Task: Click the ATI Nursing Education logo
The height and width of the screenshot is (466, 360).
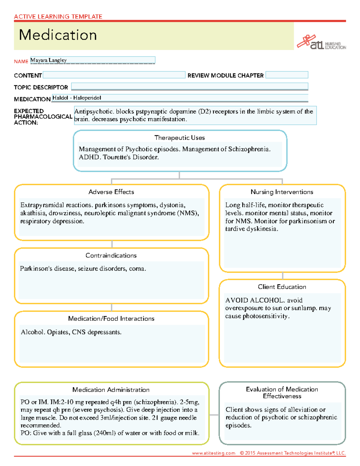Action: pyautogui.click(x=321, y=43)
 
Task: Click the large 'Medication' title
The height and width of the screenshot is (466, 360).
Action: pyautogui.click(x=58, y=35)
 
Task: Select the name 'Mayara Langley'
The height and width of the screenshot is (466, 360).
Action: pyautogui.click(x=49, y=60)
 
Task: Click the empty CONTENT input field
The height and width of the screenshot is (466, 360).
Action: pyautogui.click(x=114, y=75)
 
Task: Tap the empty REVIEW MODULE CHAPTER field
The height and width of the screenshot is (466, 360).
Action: pyautogui.click(x=287, y=75)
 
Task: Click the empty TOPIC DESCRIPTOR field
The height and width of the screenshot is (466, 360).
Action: pyautogui.click(x=190, y=87)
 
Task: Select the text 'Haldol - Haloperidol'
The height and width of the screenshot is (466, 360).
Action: pyautogui.click(x=77, y=98)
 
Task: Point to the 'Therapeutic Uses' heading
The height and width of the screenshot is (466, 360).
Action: pyautogui.click(x=179, y=138)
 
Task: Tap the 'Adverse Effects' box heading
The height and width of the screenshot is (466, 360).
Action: pyautogui.click(x=111, y=192)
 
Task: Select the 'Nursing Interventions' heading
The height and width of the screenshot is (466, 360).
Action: pyautogui.click(x=282, y=192)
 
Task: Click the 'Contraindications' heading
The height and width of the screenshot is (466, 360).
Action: pyautogui.click(x=111, y=256)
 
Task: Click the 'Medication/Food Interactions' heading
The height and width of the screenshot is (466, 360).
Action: pyautogui.click(x=111, y=319)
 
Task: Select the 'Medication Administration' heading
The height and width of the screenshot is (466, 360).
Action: pyautogui.click(x=111, y=390)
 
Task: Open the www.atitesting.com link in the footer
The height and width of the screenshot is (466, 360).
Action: pyautogui.click(x=214, y=453)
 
